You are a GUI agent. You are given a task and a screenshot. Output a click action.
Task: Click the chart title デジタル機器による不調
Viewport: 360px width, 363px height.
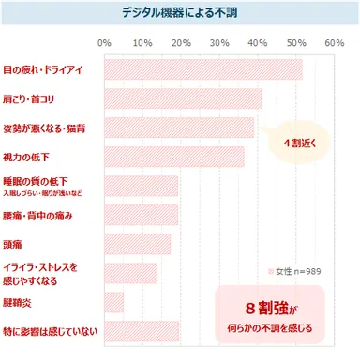click(179, 13)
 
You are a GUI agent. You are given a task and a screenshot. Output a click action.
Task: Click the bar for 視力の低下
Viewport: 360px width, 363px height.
click(173, 157)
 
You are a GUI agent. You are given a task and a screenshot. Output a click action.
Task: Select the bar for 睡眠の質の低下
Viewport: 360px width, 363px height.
click(141, 186)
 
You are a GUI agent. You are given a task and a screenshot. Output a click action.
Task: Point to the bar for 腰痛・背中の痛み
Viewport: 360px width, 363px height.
click(141, 215)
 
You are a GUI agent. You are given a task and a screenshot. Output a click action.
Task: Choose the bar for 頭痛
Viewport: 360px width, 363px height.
click(138, 244)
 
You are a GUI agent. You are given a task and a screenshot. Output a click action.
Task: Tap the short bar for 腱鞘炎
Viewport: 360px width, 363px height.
click(113, 302)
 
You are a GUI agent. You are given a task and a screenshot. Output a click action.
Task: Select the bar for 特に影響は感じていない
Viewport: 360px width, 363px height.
click(142, 331)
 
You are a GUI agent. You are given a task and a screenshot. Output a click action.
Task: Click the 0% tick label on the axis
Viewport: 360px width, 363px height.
click(104, 43)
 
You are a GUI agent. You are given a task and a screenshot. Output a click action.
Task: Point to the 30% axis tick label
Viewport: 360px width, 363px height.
click(219, 43)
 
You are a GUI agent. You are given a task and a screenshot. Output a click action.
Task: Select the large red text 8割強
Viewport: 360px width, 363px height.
click(264, 309)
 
